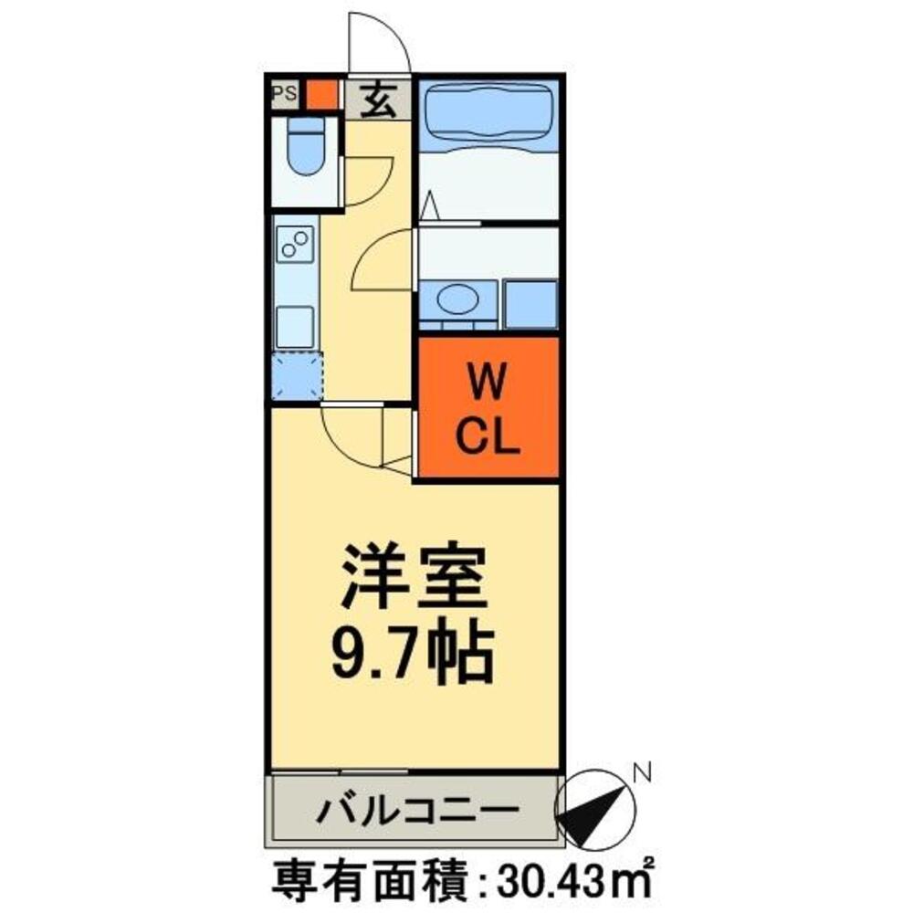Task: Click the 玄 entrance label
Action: point(378,99)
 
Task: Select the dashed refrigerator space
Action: point(297,376)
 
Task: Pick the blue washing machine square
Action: point(530,304)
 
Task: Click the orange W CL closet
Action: point(488,407)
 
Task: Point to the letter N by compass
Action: point(643,774)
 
